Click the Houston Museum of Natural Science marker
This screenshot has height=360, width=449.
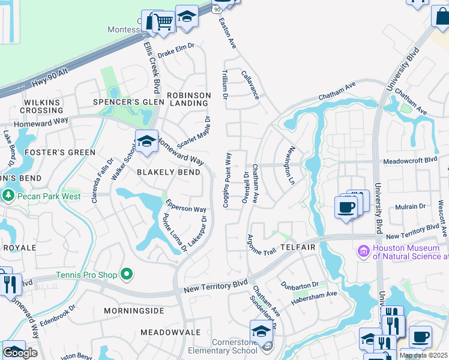pyautogui.click(x=363, y=251)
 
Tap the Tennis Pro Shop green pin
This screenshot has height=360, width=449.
pyautogui.click(x=126, y=275)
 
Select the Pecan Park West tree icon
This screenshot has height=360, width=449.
pyautogui.click(x=8, y=196)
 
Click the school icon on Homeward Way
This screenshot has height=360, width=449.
pyautogui.click(x=146, y=142)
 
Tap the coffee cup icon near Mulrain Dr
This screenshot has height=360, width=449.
pyautogui.click(x=346, y=208)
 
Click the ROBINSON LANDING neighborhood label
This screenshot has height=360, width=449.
pyautogui.click(x=188, y=99)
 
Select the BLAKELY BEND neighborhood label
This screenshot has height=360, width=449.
pyautogui.click(x=169, y=172)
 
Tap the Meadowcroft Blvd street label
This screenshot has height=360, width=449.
pyautogui.click(x=410, y=161)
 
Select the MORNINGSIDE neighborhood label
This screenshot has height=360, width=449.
pyautogui.click(x=134, y=311)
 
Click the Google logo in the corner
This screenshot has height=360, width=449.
pyautogui.click(x=20, y=353)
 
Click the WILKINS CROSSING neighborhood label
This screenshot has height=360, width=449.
pyautogui.click(x=43, y=106)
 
